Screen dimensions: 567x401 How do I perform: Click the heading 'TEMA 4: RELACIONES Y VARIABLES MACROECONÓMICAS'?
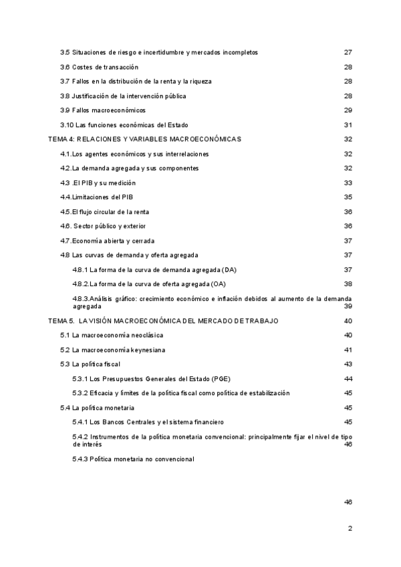pyautogui.click(x=145, y=139)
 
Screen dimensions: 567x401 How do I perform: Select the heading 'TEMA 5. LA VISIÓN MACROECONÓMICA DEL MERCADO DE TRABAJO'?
pyautogui.click(x=164, y=321)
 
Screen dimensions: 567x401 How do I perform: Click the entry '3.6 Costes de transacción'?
pyautogui.click(x=99, y=67)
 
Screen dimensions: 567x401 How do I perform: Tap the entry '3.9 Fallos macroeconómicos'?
pyautogui.click(x=102, y=110)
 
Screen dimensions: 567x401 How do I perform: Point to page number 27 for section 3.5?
pyautogui.click(x=348, y=52)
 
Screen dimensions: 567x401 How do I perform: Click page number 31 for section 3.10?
pyautogui.click(x=348, y=125)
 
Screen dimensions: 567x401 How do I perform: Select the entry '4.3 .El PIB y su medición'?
pyautogui.click(x=98, y=183)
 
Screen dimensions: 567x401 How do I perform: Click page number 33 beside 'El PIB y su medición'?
pyautogui.click(x=348, y=183)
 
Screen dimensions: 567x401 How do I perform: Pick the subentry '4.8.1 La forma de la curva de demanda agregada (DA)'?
pyautogui.click(x=155, y=269)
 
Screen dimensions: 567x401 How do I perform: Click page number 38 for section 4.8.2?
pyautogui.click(x=348, y=284)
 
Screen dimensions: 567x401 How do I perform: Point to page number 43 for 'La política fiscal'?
pyautogui.click(x=348, y=364)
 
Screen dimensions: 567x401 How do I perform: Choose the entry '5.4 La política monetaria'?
pyautogui.click(x=98, y=407)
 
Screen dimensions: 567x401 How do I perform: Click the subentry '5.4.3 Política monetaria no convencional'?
pyautogui.click(x=133, y=459)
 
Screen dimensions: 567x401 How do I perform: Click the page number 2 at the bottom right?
pyautogui.click(x=350, y=528)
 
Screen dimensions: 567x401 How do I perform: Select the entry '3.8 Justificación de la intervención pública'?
pyautogui.click(x=124, y=96)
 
